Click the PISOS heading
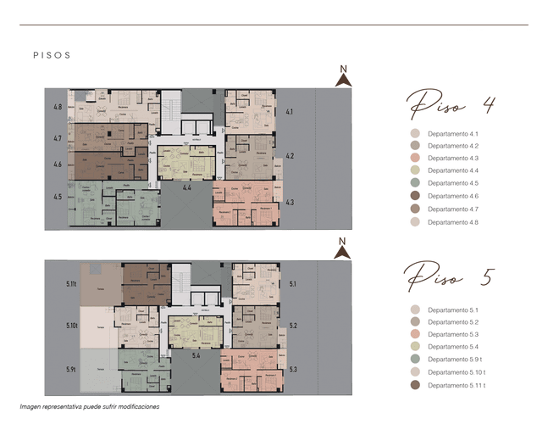pos(51,55)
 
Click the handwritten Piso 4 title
pos(451,106)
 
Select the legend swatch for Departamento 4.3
pos(414,159)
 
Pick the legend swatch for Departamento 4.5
pos(414,183)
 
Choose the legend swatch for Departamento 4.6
pos(414,196)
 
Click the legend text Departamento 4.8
pos(453,221)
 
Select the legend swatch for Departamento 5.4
pos(414,347)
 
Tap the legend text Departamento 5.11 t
pos(456,385)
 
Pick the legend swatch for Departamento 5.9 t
pos(414,360)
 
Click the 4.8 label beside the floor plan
pos(58,108)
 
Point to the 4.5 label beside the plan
pos(58,197)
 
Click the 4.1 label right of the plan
pos(290,112)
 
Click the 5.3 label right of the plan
pos(293,369)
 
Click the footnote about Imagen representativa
pos(90,406)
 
